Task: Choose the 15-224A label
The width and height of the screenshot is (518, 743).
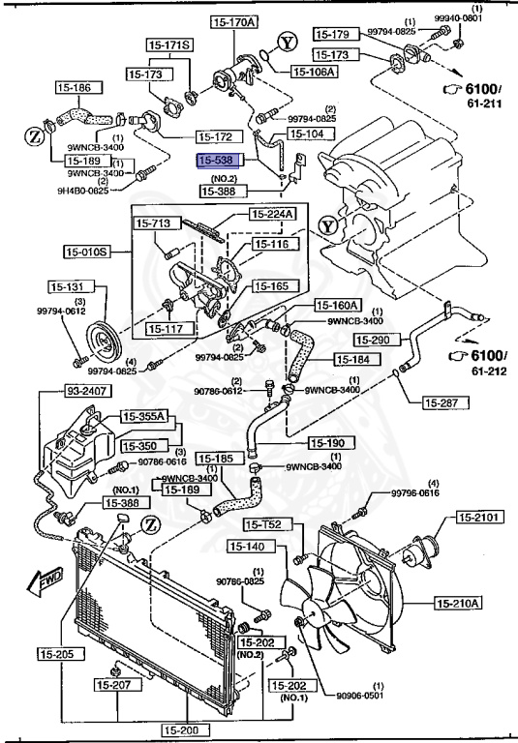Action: [x=274, y=215]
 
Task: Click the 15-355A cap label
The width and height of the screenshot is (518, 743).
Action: [x=144, y=417]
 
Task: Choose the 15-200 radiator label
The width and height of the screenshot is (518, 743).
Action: [x=184, y=730]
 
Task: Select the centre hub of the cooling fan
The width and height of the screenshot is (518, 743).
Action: [x=308, y=618]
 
